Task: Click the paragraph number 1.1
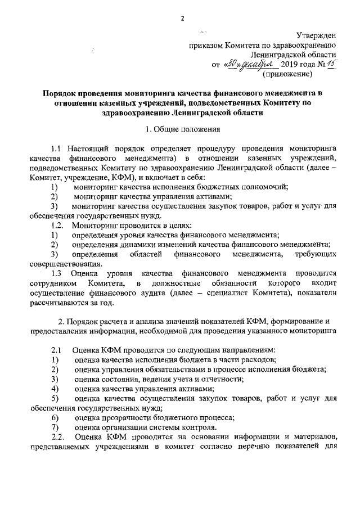coord(56,149)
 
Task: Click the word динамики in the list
coord(139,244)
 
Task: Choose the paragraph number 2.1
coord(57,350)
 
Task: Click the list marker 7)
coord(55,427)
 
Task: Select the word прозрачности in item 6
coord(125,417)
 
